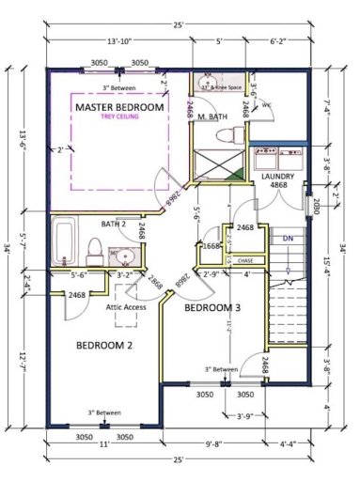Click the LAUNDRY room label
coord(279,176)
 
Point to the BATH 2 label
coord(115,224)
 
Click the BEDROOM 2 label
coord(105,345)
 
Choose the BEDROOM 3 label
coord(212,307)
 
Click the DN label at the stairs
coord(289,239)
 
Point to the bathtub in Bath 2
coord(65,241)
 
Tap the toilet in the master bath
coord(226,135)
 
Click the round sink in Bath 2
coord(120,254)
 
